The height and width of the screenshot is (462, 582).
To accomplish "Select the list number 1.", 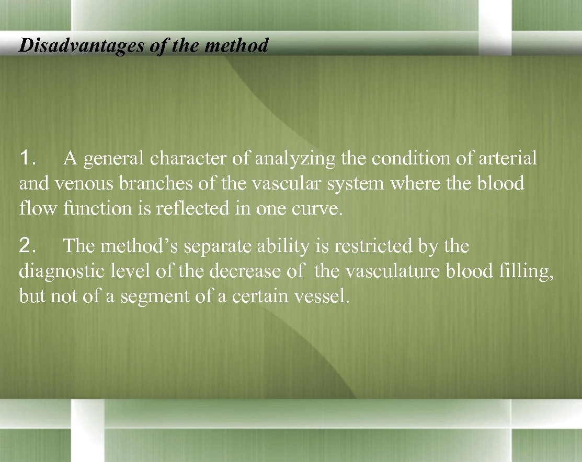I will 27,158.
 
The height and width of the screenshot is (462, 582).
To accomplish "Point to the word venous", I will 78,183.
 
